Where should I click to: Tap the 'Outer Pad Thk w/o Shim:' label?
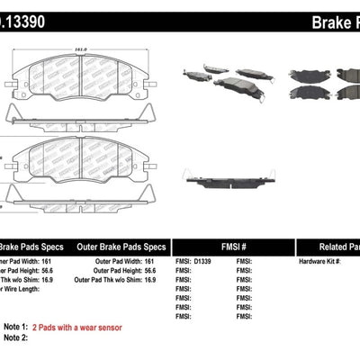point(115,277)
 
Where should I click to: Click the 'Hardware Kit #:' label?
point(318,259)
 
